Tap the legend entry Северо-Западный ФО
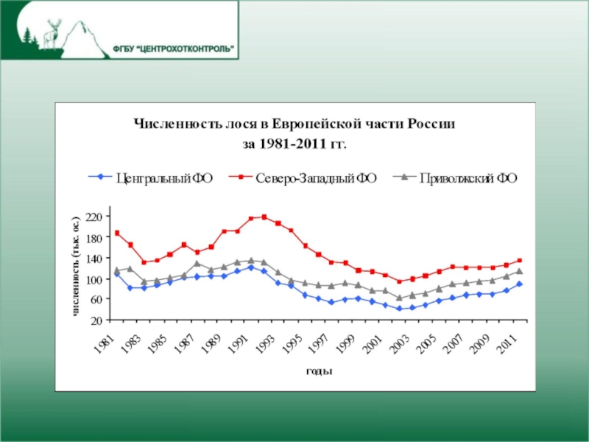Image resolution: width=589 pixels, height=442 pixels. (308, 177)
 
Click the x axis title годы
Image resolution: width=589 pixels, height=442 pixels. (319, 371)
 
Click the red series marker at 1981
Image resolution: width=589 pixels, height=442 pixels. (117, 233)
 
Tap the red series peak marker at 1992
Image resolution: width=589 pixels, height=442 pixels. (264, 217)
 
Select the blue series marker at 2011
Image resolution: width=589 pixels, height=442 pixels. (519, 284)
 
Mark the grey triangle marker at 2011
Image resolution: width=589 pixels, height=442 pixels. (519, 271)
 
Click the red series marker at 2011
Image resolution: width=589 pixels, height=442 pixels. (519, 260)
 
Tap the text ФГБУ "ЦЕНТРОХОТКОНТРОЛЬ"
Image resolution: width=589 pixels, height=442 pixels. (175, 49)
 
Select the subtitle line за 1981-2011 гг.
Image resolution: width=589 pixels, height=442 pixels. (294, 143)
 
